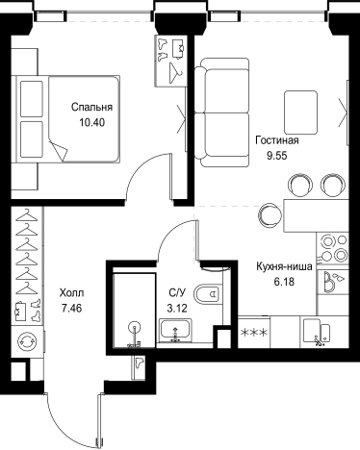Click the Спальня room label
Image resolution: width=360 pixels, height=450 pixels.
click(x=91, y=108)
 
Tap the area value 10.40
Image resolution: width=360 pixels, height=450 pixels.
click(x=92, y=122)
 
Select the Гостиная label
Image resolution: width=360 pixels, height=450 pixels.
click(x=277, y=140)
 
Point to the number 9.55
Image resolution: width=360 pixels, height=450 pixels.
click(x=276, y=156)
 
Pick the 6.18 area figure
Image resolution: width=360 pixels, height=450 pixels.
click(x=284, y=282)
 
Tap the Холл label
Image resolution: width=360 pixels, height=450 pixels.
click(x=71, y=293)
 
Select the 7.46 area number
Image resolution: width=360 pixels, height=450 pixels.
click(x=72, y=309)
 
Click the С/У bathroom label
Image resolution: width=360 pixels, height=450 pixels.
click(x=177, y=293)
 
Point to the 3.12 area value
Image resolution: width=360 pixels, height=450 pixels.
click(x=177, y=309)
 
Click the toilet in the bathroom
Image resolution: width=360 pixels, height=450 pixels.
click(x=208, y=293)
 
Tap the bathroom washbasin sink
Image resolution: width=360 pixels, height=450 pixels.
click(x=175, y=330)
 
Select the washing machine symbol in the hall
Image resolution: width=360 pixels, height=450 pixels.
click(x=27, y=341)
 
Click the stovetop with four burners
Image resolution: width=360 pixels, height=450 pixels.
click(x=332, y=248)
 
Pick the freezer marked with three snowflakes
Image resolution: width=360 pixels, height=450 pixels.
click(x=254, y=332)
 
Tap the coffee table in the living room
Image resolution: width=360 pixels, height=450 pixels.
click(x=300, y=112)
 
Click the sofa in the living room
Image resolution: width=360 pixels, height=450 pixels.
click(x=222, y=112)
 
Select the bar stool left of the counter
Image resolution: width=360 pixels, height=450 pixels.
click(x=270, y=214)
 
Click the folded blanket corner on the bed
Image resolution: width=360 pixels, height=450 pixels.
click(x=60, y=150)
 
